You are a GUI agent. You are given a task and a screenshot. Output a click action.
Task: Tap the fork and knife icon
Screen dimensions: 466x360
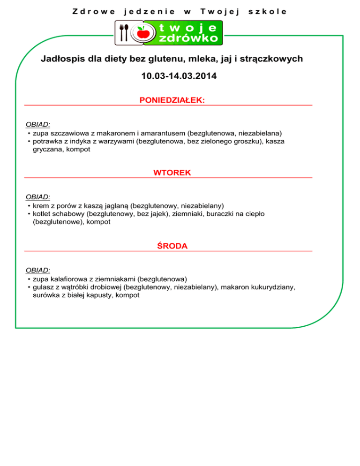coord(124,33)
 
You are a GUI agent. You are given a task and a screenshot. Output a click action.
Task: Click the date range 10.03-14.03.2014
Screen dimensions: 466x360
coord(179,75)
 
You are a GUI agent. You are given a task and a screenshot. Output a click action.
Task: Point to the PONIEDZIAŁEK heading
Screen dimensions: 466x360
coord(172,100)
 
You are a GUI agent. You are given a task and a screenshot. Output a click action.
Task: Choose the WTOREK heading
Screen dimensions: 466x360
coord(172,173)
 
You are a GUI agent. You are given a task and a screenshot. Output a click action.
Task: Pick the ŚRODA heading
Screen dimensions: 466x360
coord(172,246)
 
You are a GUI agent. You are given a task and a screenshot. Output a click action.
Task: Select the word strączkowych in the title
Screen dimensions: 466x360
coord(276,59)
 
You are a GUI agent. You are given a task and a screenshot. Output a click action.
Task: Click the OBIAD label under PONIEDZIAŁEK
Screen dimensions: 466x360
coord(38,125)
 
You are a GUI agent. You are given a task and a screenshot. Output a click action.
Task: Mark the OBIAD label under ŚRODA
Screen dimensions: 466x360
coord(38,270)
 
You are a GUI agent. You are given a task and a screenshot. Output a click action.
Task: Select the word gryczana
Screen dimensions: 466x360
coord(48,149)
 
